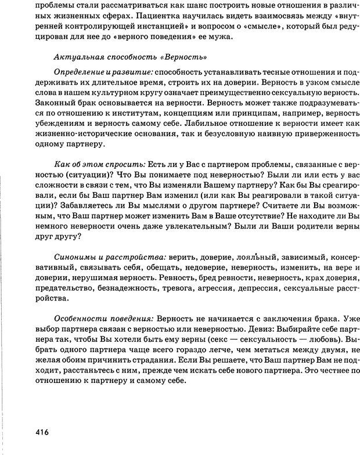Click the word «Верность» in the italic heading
(184, 57)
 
